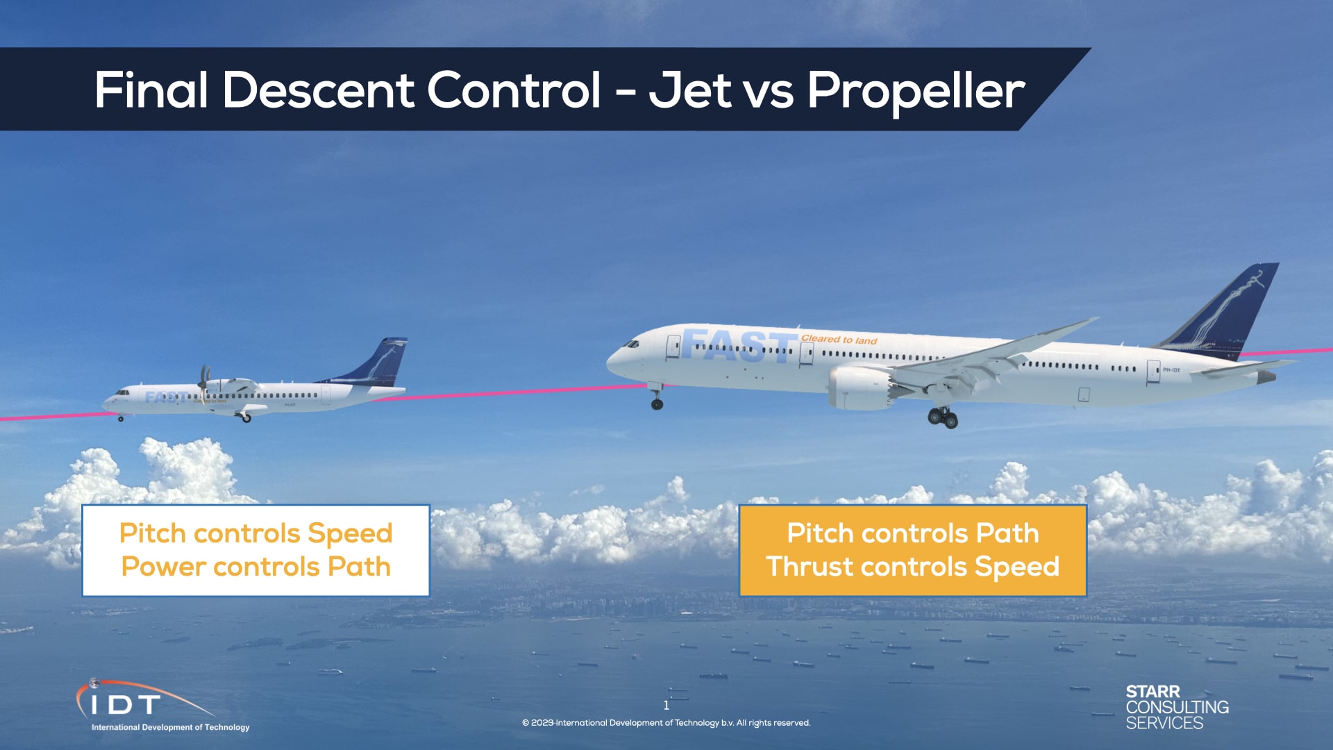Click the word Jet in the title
click(690, 91)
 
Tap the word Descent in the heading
click(317, 90)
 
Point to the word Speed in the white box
click(350, 533)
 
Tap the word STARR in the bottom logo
click(1152, 692)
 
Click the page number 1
click(666, 706)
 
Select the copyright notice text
click(666, 723)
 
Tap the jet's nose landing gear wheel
click(657, 403)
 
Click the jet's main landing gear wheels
click(944, 418)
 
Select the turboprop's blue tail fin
click(382, 361)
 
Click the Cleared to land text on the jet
click(839, 340)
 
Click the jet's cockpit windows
click(631, 344)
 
